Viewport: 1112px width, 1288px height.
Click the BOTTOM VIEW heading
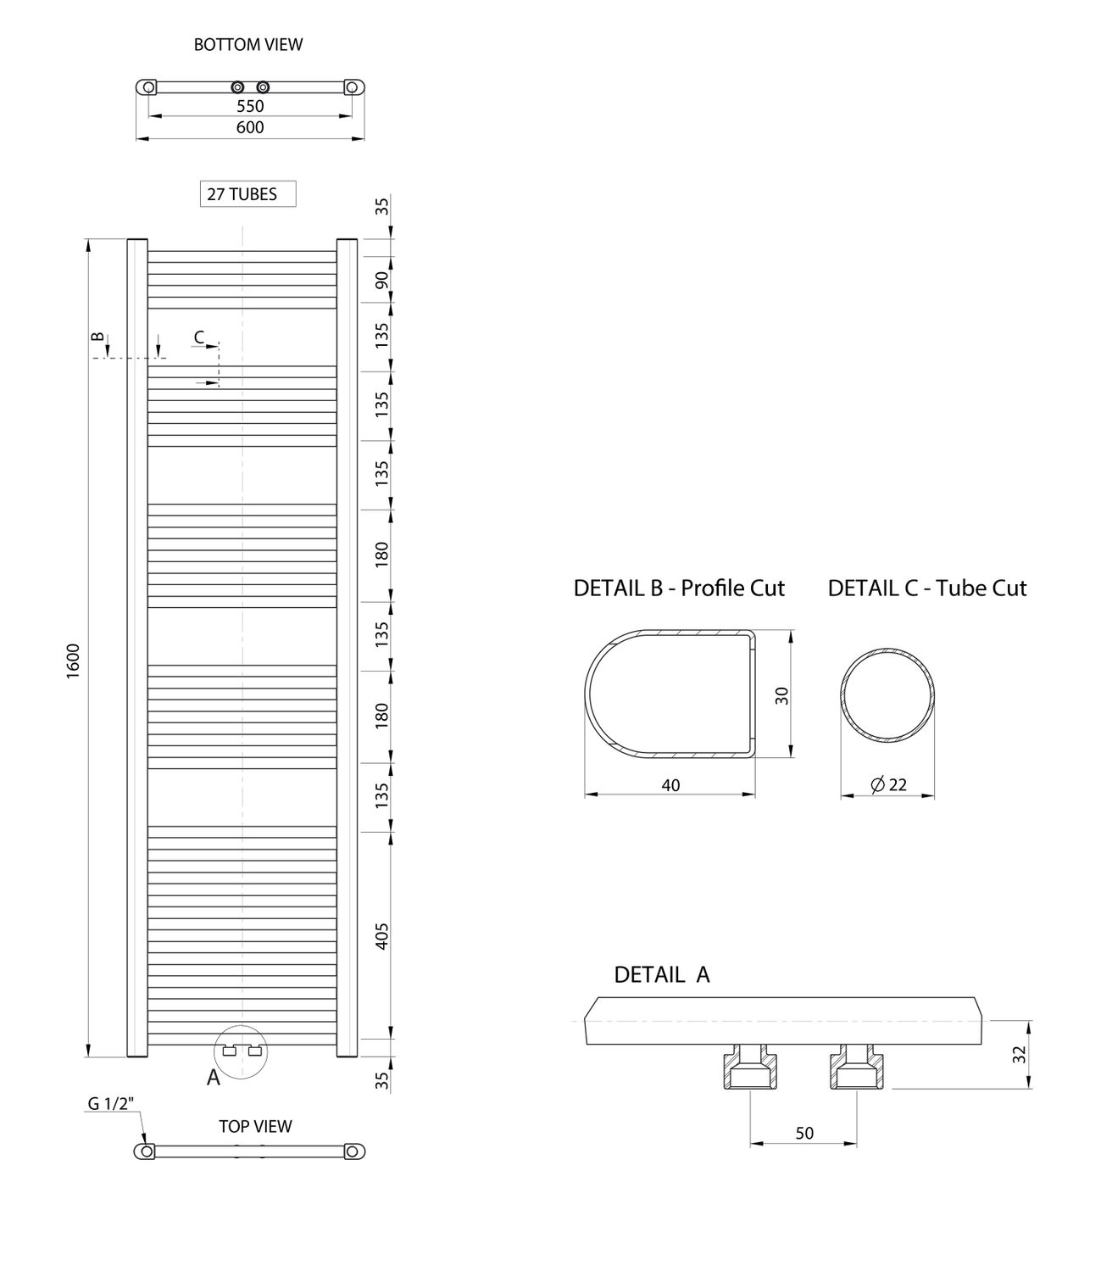coord(248,45)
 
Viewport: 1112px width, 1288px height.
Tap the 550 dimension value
coord(250,106)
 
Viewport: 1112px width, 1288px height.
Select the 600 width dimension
coord(250,127)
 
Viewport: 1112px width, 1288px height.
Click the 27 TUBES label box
coord(248,194)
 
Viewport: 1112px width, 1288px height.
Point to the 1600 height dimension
coord(74,661)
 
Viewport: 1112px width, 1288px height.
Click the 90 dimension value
coord(382,280)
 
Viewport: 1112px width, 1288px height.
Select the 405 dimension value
coord(382,936)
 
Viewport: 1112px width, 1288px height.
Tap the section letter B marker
coord(97,337)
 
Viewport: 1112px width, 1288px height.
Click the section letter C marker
coord(198,337)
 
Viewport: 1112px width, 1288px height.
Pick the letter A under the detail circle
coord(213,1078)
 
